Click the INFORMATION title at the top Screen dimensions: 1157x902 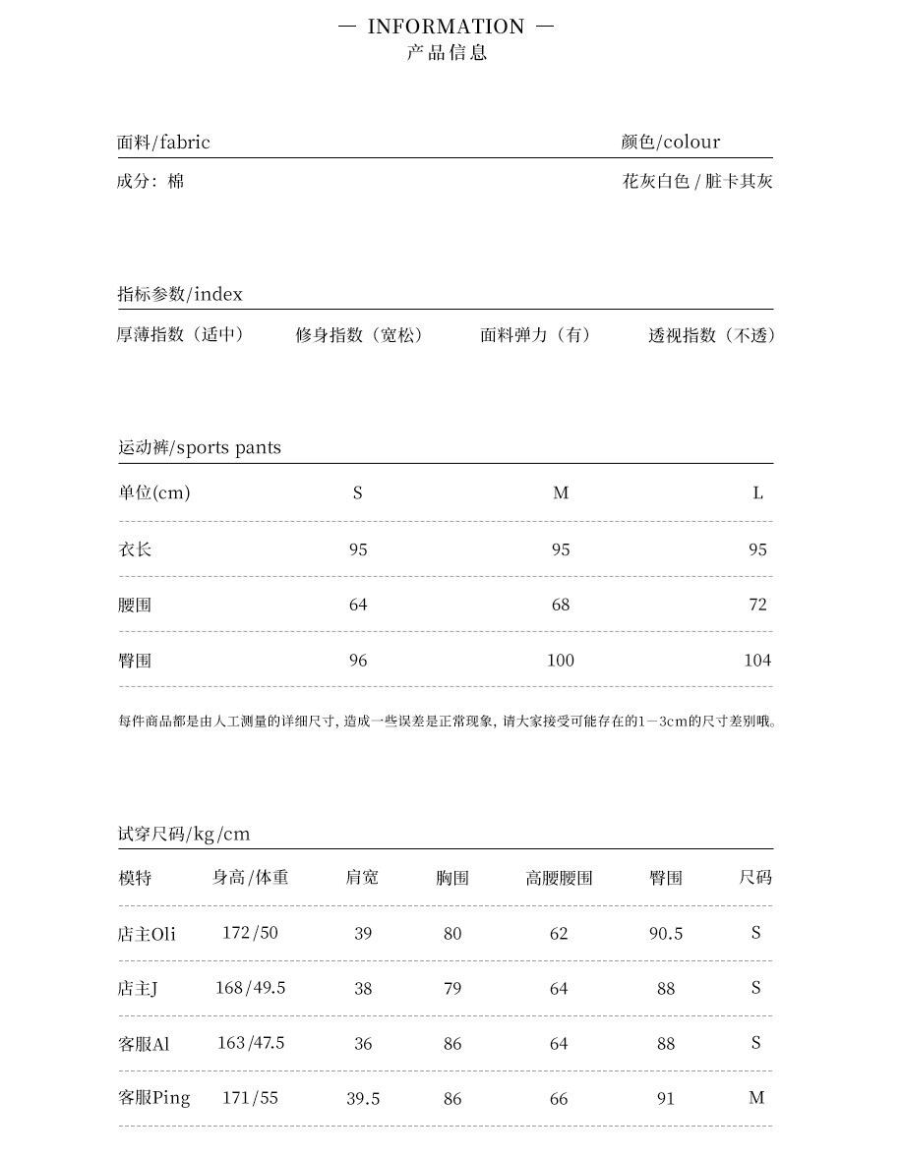[x=446, y=27]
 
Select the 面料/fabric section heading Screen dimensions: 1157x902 [x=163, y=143]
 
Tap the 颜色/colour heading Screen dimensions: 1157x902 [x=670, y=143]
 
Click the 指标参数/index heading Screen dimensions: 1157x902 [x=180, y=295]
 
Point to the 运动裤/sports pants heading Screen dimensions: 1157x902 [x=200, y=448]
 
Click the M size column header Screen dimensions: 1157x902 [x=561, y=493]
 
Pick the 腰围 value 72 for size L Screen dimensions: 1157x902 [x=756, y=605]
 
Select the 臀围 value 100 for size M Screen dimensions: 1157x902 [x=560, y=661]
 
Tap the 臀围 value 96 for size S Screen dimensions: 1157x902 [x=358, y=661]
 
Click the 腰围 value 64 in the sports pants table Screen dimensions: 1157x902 [x=358, y=605]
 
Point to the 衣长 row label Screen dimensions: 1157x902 [x=135, y=550]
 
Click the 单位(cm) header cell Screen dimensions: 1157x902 [x=154, y=493]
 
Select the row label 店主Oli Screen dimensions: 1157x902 [x=147, y=934]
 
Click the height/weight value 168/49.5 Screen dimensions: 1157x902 [x=250, y=988]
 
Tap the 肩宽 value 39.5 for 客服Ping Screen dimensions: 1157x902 [x=363, y=1098]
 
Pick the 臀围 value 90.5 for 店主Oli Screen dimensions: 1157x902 [x=666, y=934]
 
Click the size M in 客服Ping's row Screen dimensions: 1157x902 [x=755, y=1098]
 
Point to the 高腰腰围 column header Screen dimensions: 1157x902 [x=559, y=878]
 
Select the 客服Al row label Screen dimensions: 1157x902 [x=144, y=1044]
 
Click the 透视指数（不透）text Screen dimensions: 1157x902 [x=712, y=336]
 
